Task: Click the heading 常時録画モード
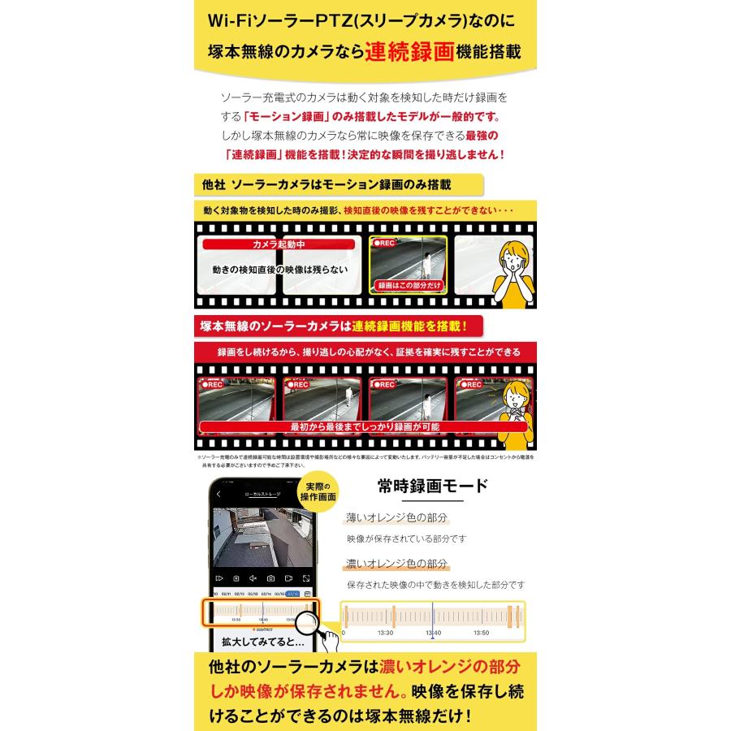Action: coord(433,487)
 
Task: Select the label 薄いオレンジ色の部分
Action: coord(396,517)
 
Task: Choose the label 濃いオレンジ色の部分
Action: coord(396,564)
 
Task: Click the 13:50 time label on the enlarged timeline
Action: coord(480,632)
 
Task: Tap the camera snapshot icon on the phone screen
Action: coord(270,578)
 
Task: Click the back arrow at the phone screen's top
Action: coord(218,494)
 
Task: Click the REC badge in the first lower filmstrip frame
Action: coord(213,385)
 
